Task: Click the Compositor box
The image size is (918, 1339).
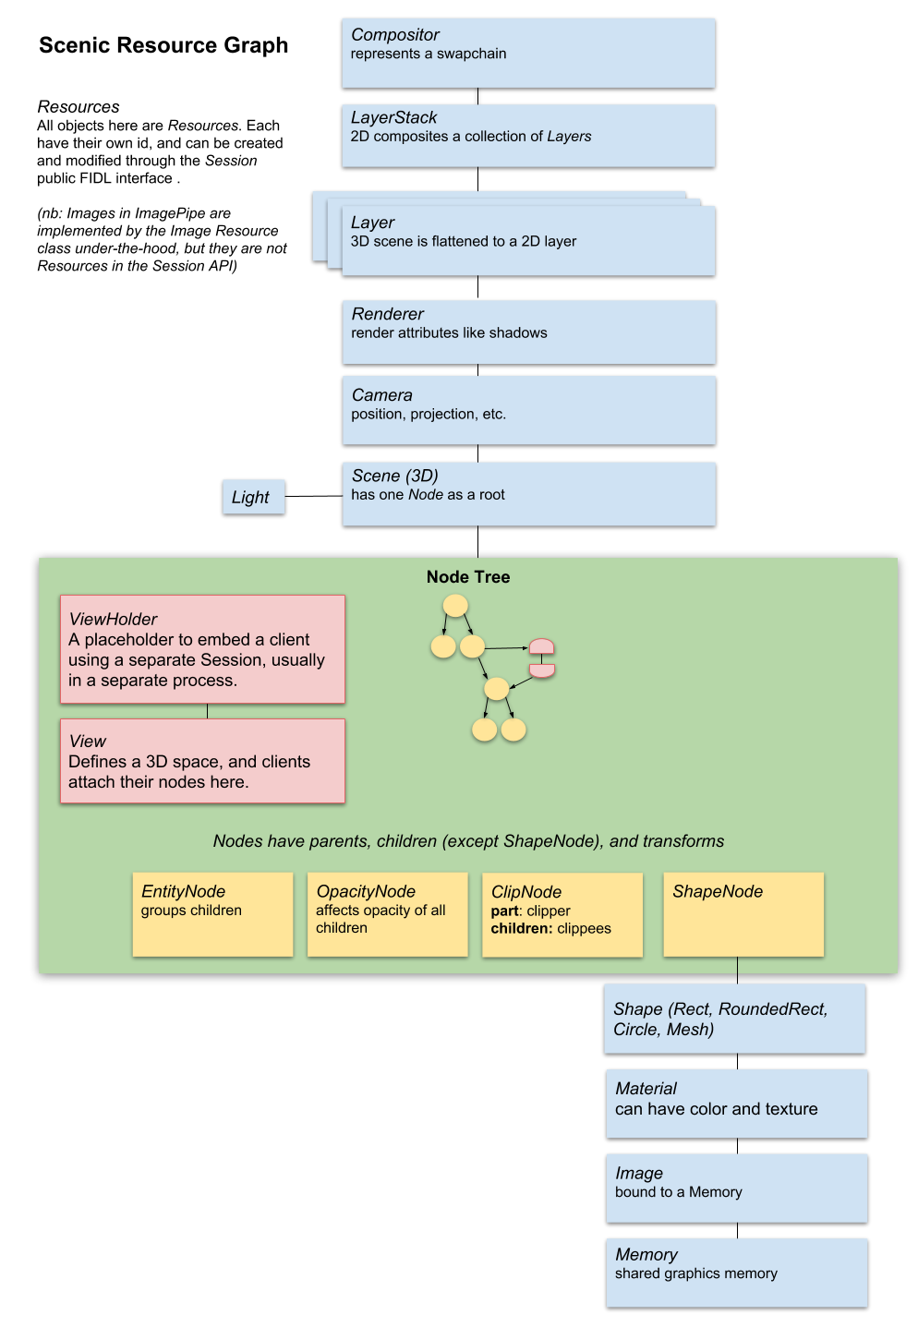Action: point(528,53)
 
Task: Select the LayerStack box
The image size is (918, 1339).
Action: point(528,135)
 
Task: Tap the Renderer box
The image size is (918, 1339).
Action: point(528,332)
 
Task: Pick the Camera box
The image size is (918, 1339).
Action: point(528,410)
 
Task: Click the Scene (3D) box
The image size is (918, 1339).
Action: point(528,493)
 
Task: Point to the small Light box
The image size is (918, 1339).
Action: point(253,497)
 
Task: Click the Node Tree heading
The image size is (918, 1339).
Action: point(467,577)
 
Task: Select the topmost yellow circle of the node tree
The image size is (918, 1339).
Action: point(455,606)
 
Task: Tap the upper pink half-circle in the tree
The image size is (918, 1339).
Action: point(541,646)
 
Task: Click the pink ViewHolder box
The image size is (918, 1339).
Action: point(202,649)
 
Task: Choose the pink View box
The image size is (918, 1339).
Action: point(202,761)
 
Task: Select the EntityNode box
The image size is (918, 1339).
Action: point(212,914)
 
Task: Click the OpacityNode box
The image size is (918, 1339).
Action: point(387,914)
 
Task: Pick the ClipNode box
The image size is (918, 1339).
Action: point(562,914)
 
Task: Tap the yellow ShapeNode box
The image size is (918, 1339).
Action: point(743,914)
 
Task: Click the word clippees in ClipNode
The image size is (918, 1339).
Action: point(584,929)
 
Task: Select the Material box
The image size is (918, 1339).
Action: point(736,1103)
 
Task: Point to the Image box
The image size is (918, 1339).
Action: point(736,1187)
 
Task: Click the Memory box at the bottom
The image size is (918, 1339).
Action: point(736,1272)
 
